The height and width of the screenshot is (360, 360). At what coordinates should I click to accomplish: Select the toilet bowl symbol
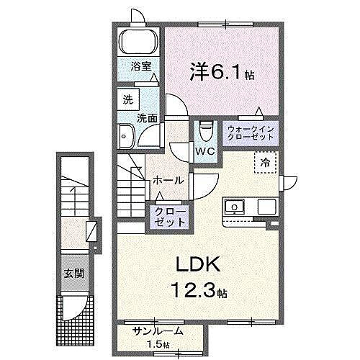[204, 130]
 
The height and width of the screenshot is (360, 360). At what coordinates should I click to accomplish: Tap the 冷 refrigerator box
[265, 163]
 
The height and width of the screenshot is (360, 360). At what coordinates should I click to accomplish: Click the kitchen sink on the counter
[234, 207]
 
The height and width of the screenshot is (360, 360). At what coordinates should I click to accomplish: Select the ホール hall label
[167, 180]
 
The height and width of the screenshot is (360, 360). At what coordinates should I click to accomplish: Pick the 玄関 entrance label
[70, 274]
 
